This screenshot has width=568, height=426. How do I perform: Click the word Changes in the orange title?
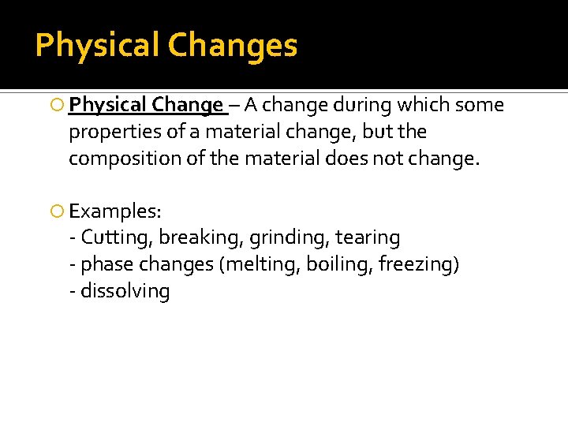(x=234, y=46)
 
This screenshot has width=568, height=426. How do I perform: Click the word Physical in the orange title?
(x=98, y=46)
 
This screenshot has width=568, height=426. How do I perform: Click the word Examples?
(x=115, y=211)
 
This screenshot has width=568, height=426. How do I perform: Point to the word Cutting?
(x=117, y=237)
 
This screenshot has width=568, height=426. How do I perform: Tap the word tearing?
(x=368, y=237)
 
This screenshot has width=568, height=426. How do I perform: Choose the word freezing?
(x=417, y=264)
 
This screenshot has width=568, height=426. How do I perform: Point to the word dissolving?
(x=125, y=291)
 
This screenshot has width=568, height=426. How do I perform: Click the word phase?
(x=104, y=264)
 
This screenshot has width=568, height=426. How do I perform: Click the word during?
(x=362, y=105)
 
